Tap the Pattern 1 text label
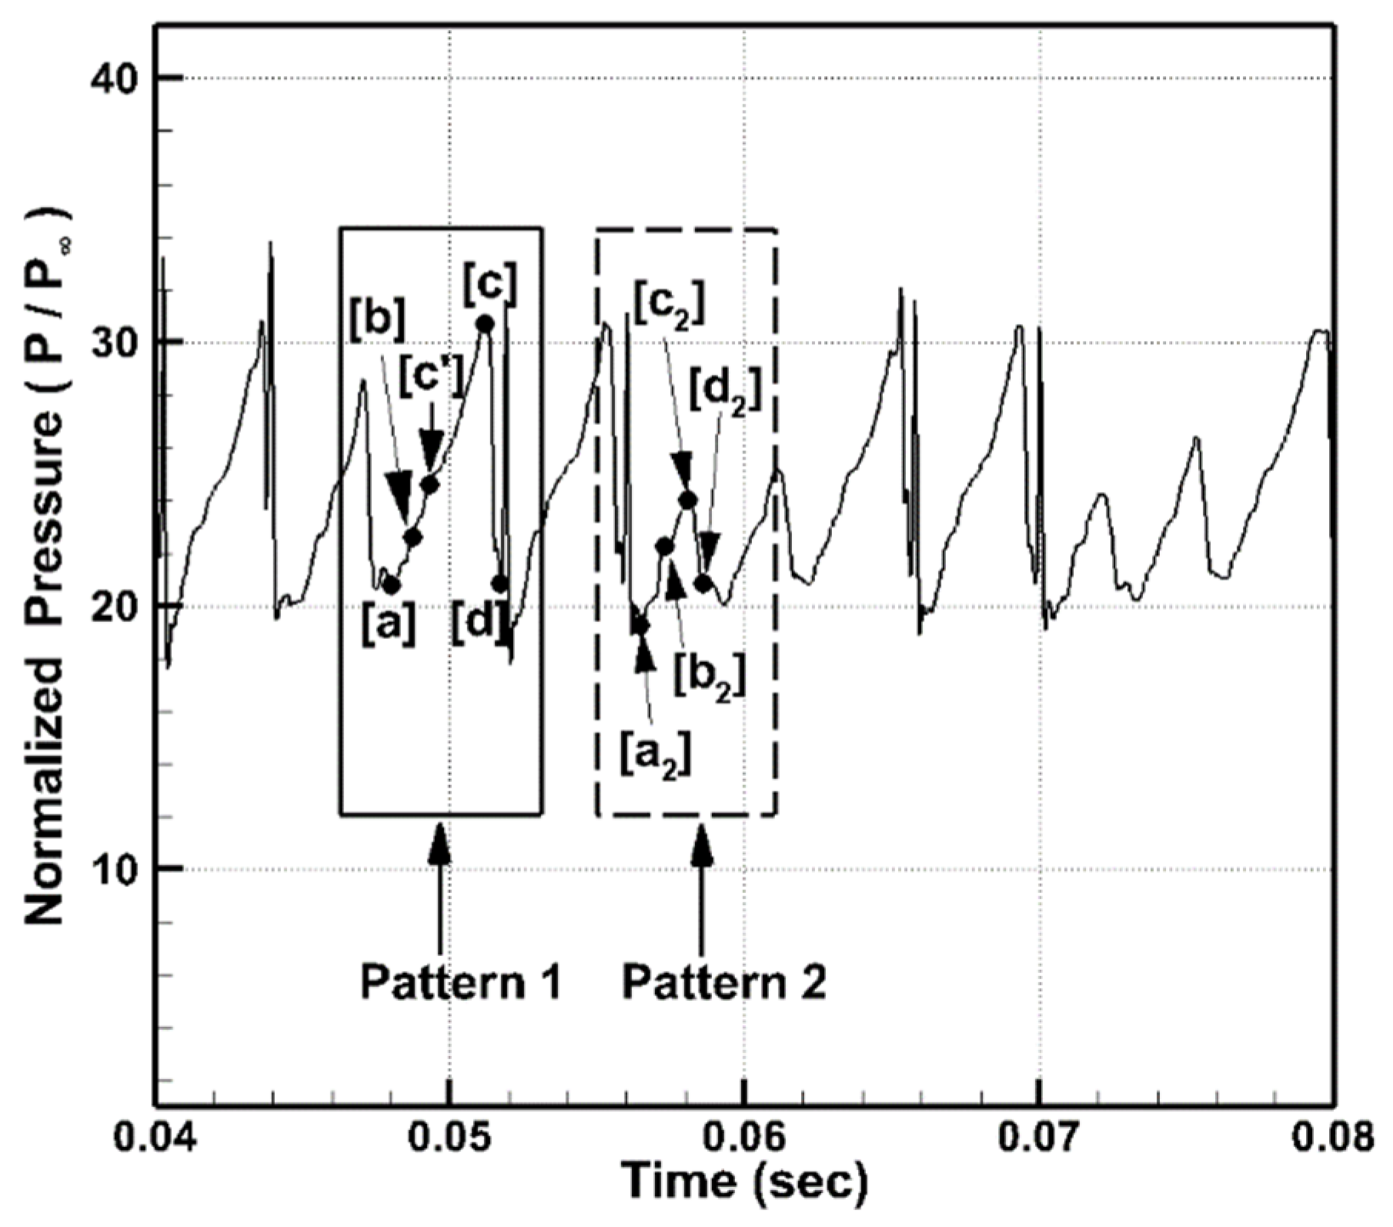click(x=461, y=983)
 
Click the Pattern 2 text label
click(x=723, y=983)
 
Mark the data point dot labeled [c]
click(x=485, y=324)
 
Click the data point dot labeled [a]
click(x=391, y=585)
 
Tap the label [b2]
click(x=710, y=676)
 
